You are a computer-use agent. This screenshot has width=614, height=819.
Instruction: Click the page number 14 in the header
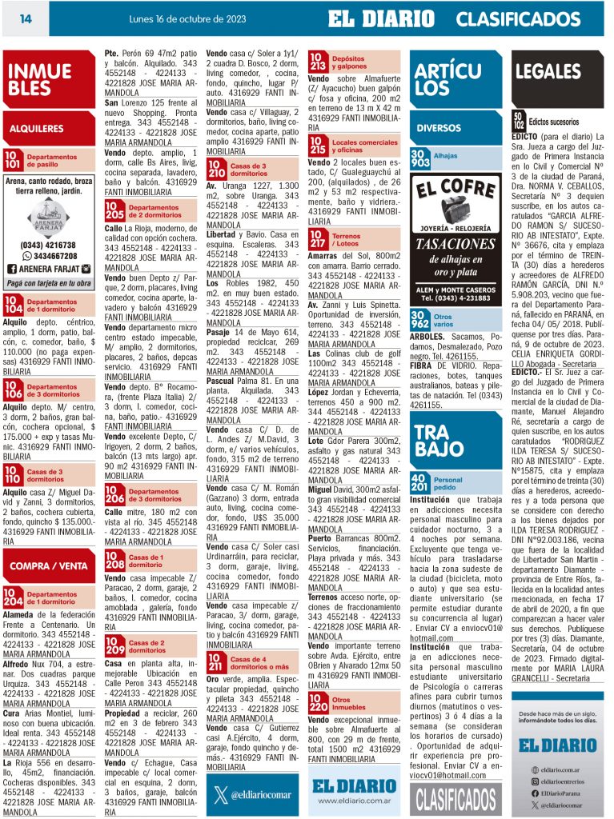click(26, 18)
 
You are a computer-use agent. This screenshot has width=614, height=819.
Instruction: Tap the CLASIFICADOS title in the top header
click(524, 19)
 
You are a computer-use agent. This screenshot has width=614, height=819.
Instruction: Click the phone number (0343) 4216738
click(49, 246)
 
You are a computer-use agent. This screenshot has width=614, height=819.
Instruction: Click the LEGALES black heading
click(548, 71)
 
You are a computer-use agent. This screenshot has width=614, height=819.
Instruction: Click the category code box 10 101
click(13, 161)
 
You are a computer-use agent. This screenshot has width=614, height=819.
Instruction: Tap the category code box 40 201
click(419, 482)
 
